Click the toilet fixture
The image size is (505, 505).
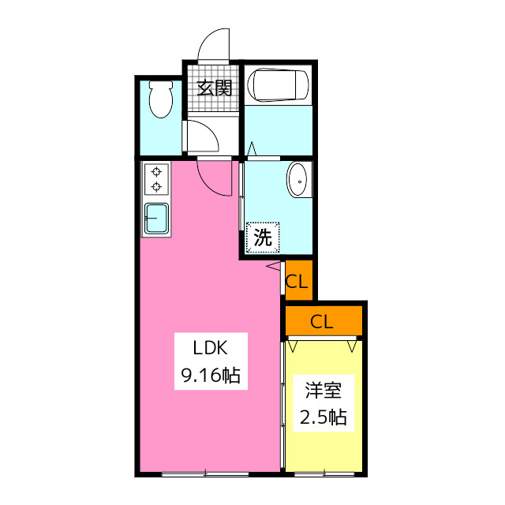(161, 99)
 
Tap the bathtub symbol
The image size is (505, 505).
(278, 84)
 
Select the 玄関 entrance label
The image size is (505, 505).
(215, 88)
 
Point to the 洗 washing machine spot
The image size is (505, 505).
(263, 237)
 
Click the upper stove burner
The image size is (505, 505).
(156, 172)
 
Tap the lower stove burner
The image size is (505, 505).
(156, 186)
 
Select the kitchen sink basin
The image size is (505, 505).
(156, 218)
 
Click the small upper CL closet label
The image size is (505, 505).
(297, 282)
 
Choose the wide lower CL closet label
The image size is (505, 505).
(321, 321)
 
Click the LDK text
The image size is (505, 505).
(211, 348)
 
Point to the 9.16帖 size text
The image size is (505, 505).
(211, 375)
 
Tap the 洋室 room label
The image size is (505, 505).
(324, 391)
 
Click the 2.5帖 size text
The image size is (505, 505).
(324, 417)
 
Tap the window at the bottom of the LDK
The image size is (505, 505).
(205, 474)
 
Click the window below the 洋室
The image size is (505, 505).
(324, 474)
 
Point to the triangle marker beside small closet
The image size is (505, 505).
(274, 267)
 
